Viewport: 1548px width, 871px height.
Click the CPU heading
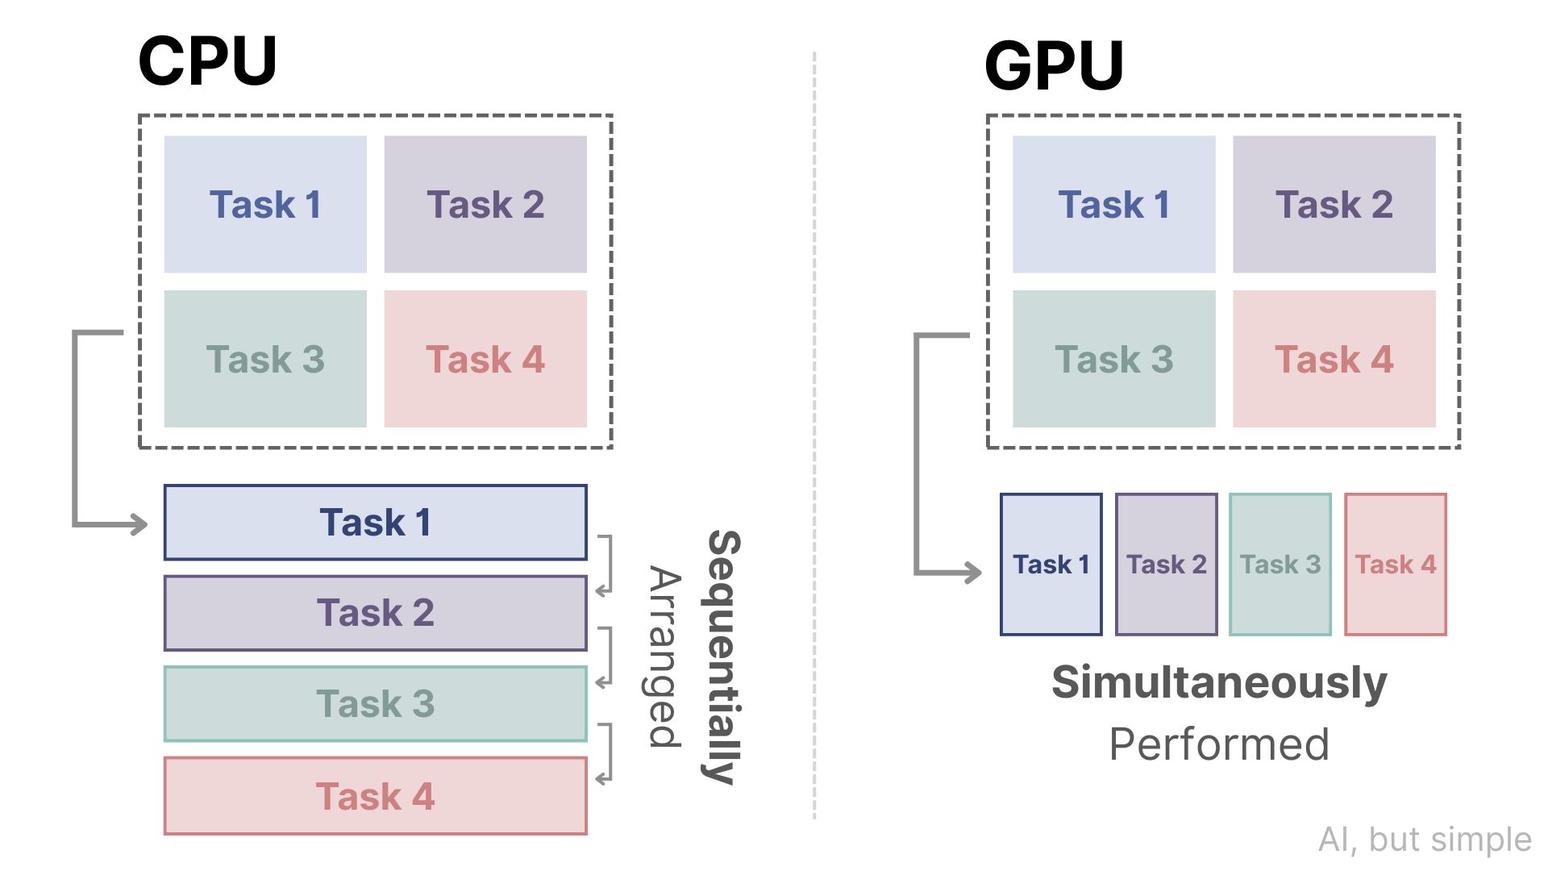[x=207, y=60]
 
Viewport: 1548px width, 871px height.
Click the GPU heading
[x=1054, y=65]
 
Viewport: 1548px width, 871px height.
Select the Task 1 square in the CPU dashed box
[x=265, y=204]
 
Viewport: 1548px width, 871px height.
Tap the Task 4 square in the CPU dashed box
[x=485, y=359]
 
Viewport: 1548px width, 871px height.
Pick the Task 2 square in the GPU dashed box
[x=1334, y=204]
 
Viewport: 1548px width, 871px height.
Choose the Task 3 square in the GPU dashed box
[x=1113, y=359]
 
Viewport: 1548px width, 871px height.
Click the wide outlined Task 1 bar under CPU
[x=375, y=523]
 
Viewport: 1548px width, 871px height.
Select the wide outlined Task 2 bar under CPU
[x=375, y=613]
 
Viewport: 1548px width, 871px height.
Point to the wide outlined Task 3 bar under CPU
[x=375, y=703]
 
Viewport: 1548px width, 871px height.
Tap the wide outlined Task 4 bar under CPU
[x=375, y=796]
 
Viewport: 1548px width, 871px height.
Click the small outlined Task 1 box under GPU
[x=1051, y=565]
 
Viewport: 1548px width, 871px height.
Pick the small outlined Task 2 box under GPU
[x=1166, y=565]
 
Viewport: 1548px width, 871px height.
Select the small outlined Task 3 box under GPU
[x=1280, y=565]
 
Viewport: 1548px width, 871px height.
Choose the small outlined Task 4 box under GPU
[x=1396, y=565]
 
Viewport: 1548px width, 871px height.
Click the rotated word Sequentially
[x=723, y=657]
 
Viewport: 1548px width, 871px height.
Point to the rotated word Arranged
[x=665, y=657]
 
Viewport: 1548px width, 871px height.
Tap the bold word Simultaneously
[x=1219, y=682]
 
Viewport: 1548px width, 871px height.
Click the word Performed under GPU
[x=1219, y=744]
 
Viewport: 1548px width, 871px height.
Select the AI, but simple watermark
[x=1425, y=840]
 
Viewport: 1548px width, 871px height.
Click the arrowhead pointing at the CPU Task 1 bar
[x=140, y=525]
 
